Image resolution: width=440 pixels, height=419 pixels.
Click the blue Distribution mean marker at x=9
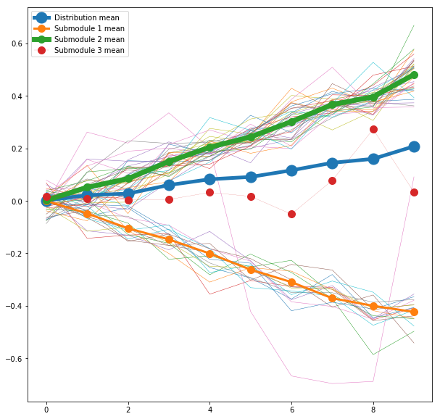(414, 146)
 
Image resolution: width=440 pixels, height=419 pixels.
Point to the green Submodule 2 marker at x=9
(414, 75)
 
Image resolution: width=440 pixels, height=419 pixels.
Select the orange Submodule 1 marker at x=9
(414, 312)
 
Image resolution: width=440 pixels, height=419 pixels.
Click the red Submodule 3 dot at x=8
(373, 129)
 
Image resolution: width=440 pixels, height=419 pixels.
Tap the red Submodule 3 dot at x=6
(291, 214)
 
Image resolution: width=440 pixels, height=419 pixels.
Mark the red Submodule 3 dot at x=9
(414, 192)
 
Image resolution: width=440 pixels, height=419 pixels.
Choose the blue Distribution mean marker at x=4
(210, 179)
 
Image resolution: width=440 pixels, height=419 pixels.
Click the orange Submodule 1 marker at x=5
(251, 270)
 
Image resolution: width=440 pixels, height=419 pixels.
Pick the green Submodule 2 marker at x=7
(332, 104)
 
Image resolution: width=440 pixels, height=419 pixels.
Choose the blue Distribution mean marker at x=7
(332, 163)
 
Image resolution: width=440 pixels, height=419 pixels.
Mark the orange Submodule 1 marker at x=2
(128, 228)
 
